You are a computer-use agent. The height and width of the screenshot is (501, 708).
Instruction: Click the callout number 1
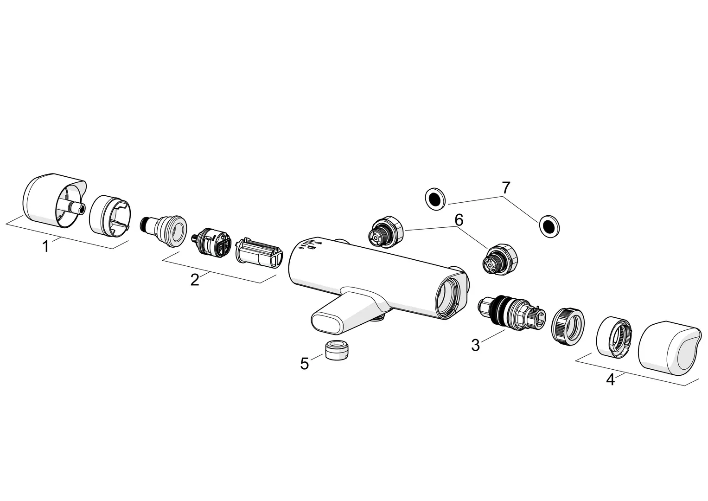pos(45,246)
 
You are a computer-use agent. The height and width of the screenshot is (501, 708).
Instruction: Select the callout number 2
pos(195,280)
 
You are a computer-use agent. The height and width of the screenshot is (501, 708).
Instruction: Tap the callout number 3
pos(476,345)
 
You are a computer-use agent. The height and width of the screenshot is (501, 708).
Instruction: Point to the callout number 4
pos(611,379)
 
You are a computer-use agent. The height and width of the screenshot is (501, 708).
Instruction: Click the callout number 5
pos(304,363)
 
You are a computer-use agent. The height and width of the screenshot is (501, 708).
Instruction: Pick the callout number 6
pos(459,220)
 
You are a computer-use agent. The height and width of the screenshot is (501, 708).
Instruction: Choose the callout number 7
pos(505,188)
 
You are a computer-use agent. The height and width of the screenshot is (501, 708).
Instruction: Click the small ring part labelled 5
pos(337,350)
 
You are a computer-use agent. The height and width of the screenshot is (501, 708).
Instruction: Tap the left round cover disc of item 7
pos(435,199)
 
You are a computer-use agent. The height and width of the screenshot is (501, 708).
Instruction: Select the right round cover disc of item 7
pos(549,226)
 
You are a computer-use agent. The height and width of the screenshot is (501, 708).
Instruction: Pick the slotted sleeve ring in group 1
pos(109,216)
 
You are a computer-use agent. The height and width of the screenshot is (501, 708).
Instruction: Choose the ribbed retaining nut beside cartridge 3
pos(568,326)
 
